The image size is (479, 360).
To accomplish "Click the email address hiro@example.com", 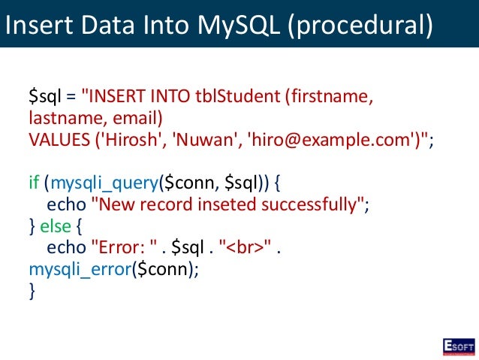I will click(330, 141).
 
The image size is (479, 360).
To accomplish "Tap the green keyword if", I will click(34, 183).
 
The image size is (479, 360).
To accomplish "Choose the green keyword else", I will click(56, 226).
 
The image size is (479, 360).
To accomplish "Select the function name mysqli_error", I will click(80, 269).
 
